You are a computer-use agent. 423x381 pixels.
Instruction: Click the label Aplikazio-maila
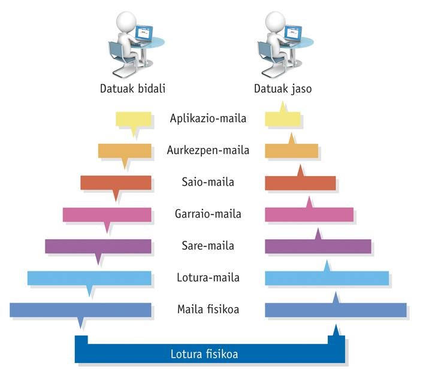pos(208,118)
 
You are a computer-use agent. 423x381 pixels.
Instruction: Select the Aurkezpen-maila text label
pos(208,150)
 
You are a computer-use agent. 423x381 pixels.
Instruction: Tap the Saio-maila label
pos(208,182)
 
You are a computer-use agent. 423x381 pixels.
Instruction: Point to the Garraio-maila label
pos(208,214)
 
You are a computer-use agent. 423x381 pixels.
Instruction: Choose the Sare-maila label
pos(208,246)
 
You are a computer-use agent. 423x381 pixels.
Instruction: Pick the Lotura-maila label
pos(208,278)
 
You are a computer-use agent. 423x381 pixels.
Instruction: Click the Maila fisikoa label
pos(208,310)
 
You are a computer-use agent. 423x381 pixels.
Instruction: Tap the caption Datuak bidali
pos(132,89)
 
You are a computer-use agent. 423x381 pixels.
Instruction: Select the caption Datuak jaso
pos(283,89)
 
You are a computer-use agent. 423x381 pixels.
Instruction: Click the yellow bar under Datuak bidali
pos(133,119)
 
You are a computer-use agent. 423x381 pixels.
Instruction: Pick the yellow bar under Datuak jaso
pos(283,119)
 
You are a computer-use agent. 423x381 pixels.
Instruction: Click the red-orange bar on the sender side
pos(116,182)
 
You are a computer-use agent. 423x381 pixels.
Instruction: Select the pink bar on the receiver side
pos(309,214)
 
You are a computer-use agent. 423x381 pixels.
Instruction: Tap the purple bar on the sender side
pos(98,246)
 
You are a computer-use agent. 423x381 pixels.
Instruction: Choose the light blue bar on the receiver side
pos(327,278)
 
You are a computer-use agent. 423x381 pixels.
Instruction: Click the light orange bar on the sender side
pos(125,150)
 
